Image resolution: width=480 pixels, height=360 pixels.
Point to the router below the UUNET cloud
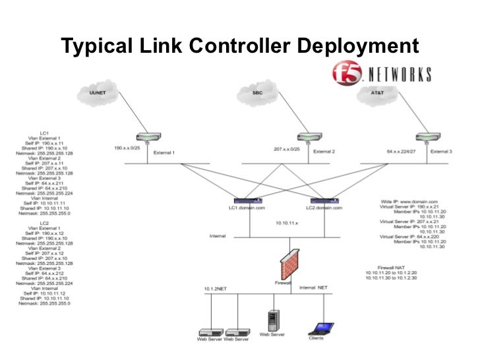[144, 138]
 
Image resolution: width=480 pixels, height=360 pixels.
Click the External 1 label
[164, 152]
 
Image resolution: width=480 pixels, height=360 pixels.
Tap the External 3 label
[441, 152]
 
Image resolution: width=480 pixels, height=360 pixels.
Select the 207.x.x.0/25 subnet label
[287, 149]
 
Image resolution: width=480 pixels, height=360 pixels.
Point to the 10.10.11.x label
[288, 224]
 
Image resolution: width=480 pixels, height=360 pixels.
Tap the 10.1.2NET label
[216, 288]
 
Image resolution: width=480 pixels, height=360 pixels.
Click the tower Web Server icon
[272, 320]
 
